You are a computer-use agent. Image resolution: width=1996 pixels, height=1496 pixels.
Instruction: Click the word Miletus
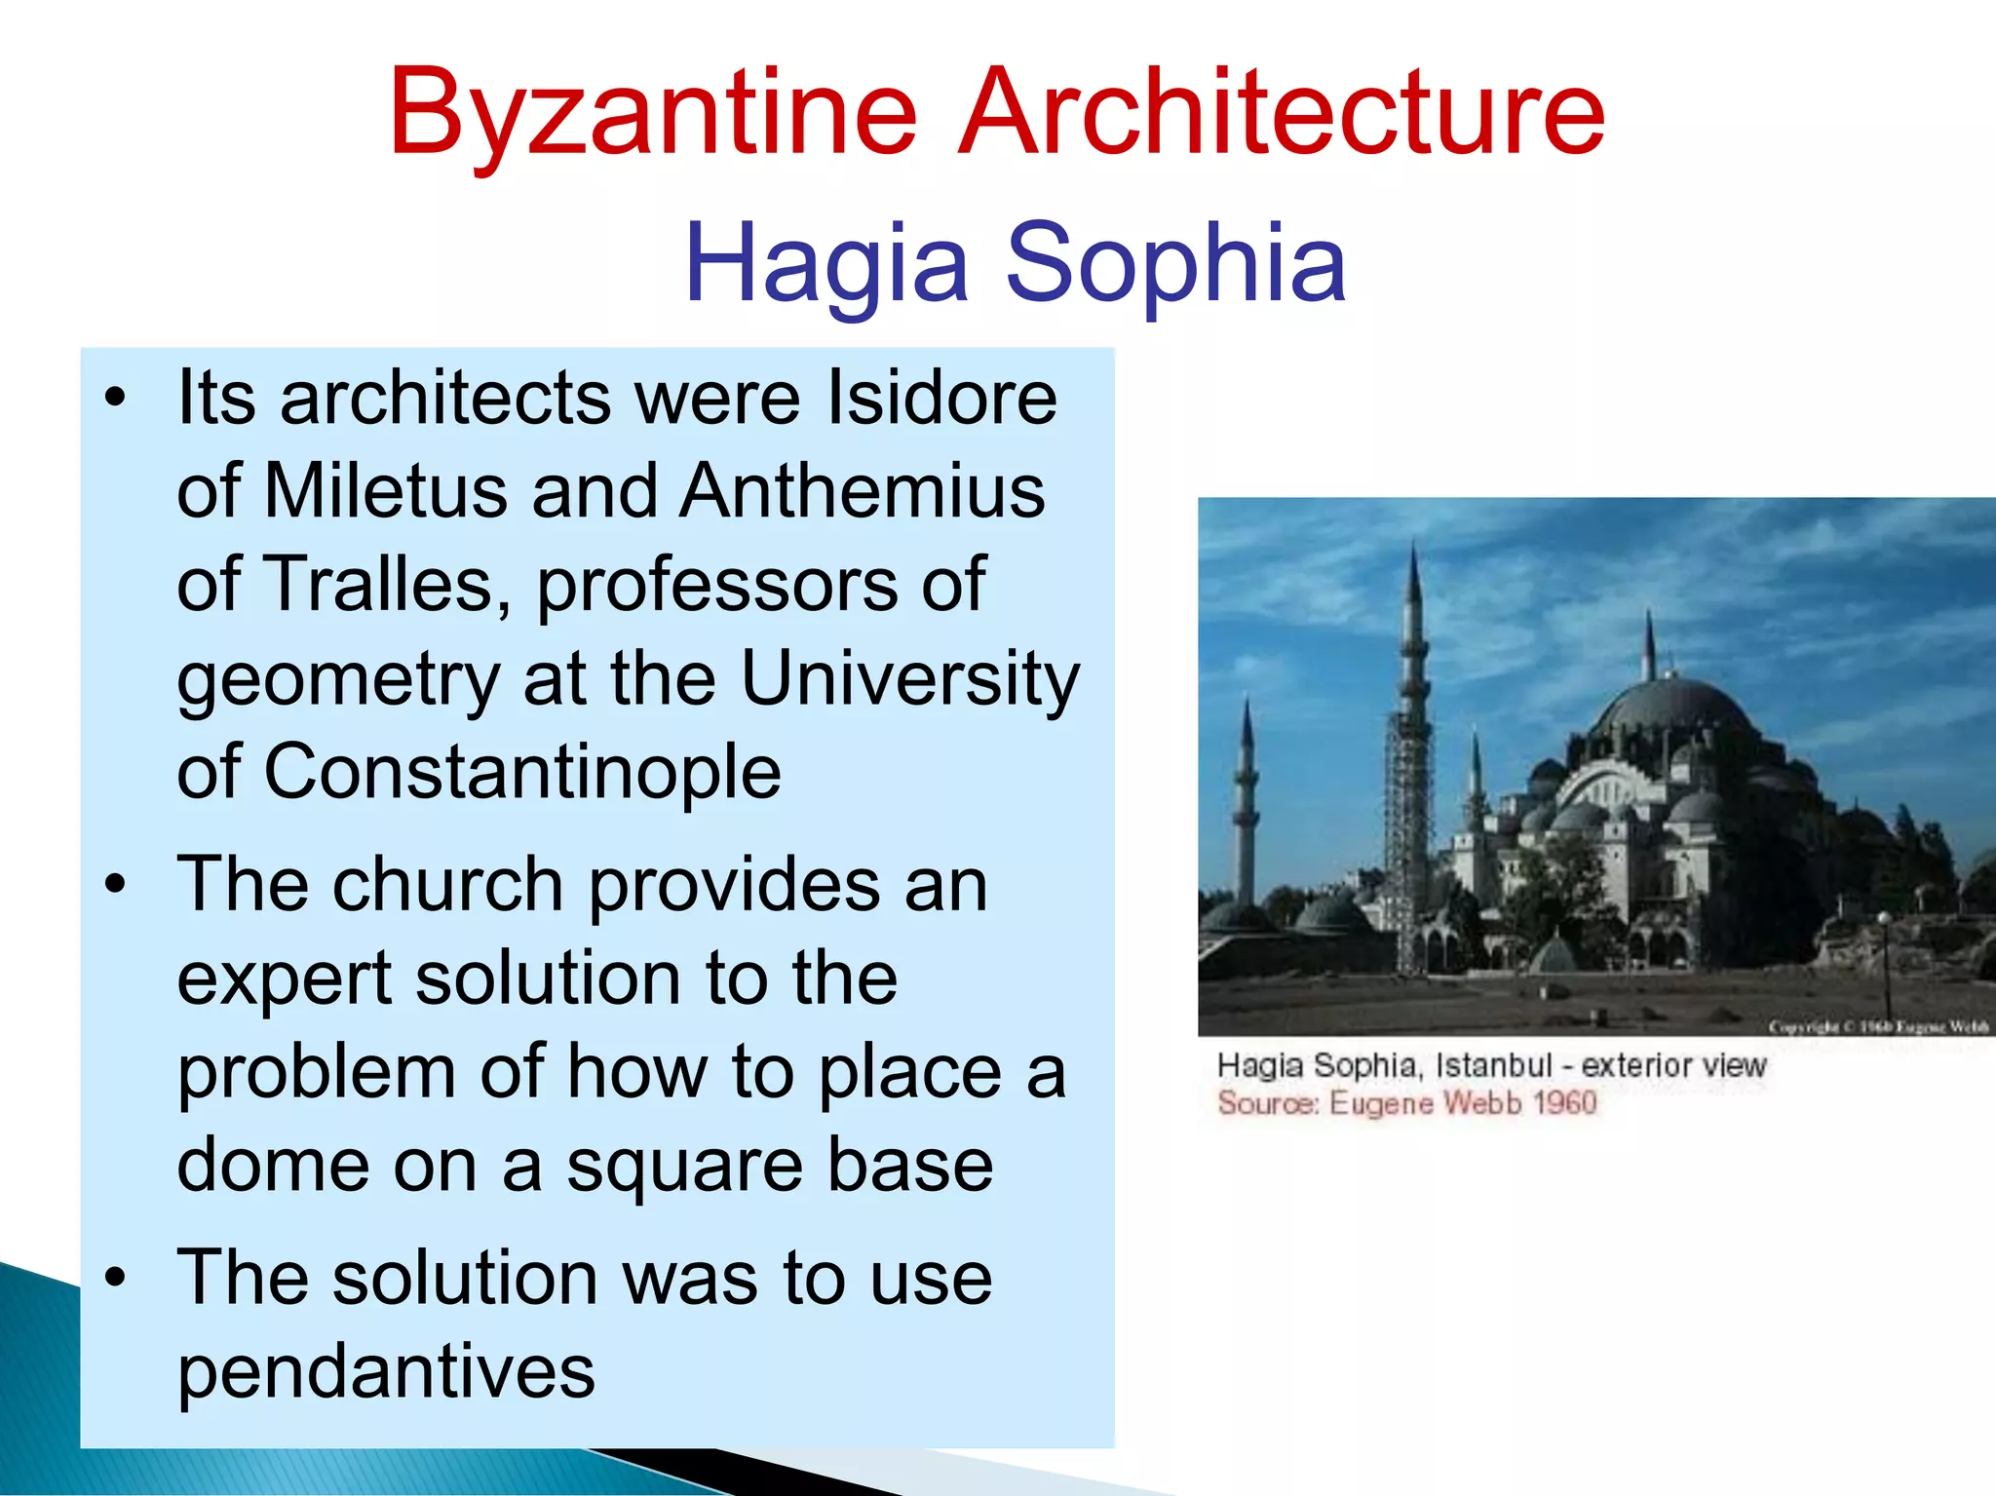click(x=386, y=490)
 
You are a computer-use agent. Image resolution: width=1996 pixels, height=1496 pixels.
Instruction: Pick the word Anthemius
click(x=863, y=490)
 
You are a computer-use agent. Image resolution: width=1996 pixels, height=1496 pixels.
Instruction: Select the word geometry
click(x=337, y=679)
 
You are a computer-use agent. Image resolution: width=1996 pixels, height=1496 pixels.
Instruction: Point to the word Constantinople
click(x=522, y=772)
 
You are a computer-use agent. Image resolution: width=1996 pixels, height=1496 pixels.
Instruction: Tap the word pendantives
click(x=386, y=1372)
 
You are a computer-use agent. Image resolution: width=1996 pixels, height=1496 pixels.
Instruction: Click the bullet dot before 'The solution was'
click(x=116, y=1278)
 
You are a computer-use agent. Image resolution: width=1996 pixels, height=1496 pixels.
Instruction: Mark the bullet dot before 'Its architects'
click(x=116, y=398)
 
